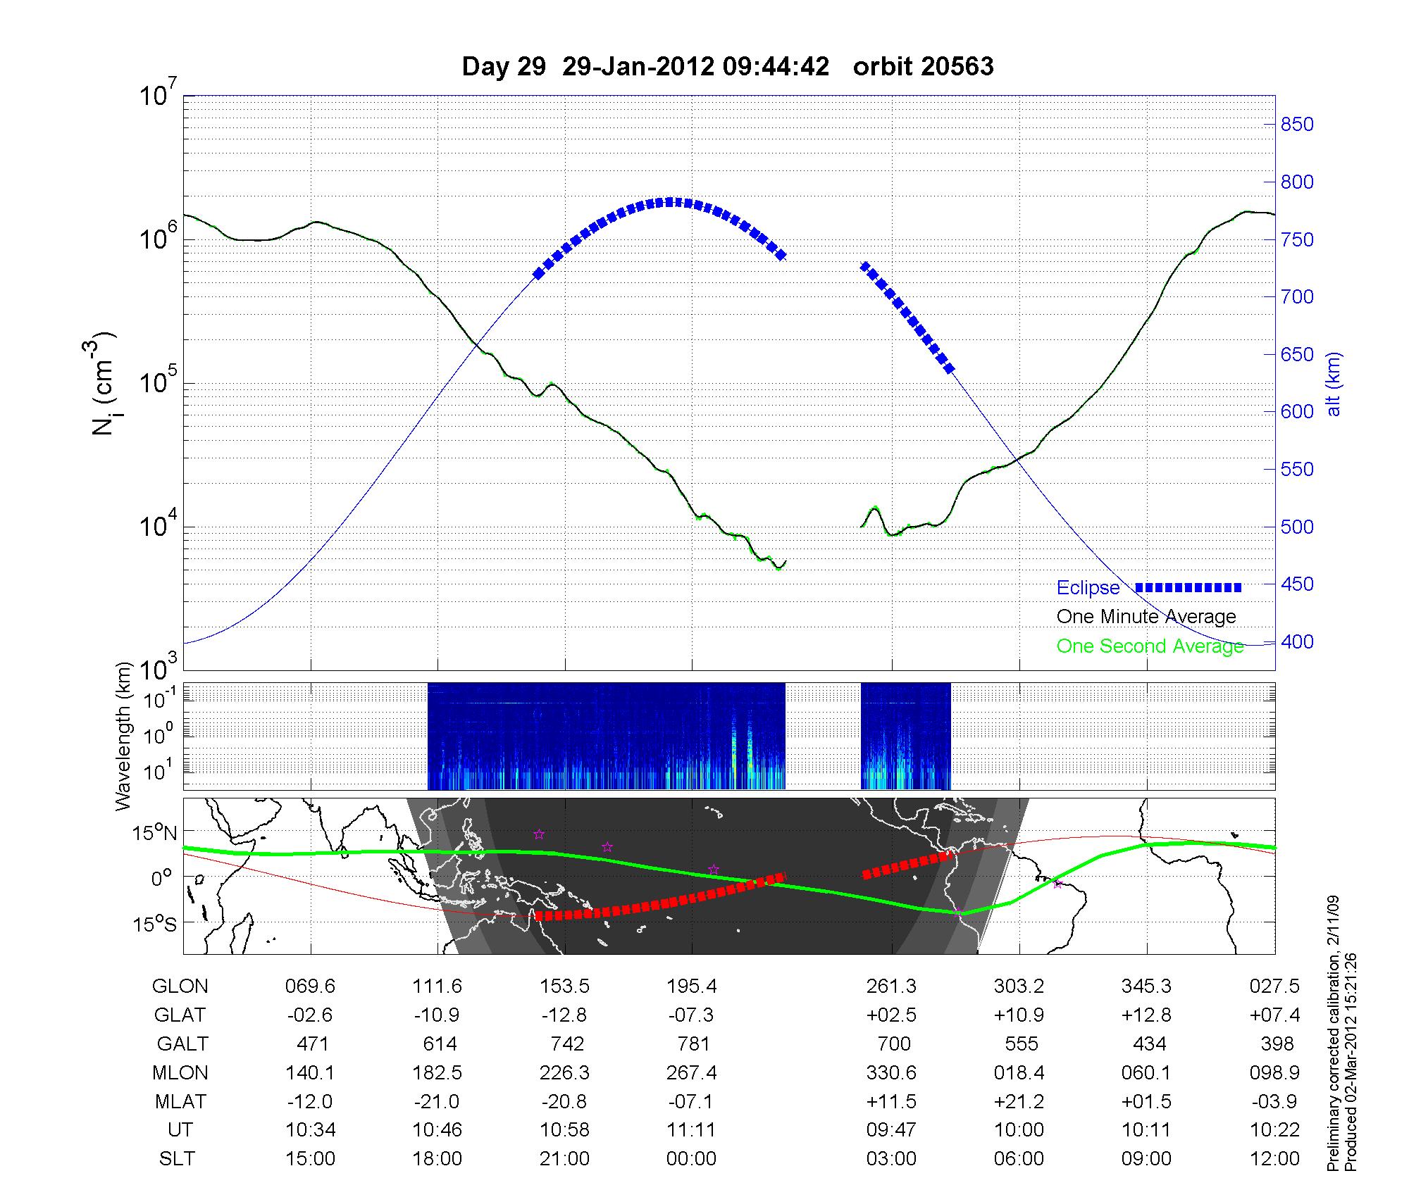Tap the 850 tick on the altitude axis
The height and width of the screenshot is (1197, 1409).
[x=1297, y=125]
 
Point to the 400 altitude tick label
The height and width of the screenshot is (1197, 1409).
[x=1297, y=642]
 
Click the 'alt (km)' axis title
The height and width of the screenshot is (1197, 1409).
[x=1334, y=384]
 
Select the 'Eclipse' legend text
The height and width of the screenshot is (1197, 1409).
[x=1088, y=588]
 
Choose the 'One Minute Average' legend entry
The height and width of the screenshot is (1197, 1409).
[x=1146, y=617]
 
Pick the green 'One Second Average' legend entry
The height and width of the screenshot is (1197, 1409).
[x=1150, y=646]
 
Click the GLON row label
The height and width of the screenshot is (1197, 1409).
[x=180, y=986]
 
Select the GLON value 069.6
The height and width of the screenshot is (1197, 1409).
[x=310, y=986]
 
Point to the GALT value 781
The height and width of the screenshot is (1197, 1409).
[x=692, y=1044]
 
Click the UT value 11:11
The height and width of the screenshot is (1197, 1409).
[x=692, y=1130]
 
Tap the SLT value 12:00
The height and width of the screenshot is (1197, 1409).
[x=1274, y=1159]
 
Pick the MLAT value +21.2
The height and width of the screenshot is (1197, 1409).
[x=1019, y=1101]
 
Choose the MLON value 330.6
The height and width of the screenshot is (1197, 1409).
[x=891, y=1072]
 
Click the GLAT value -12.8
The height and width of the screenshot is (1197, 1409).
[x=564, y=1015]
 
